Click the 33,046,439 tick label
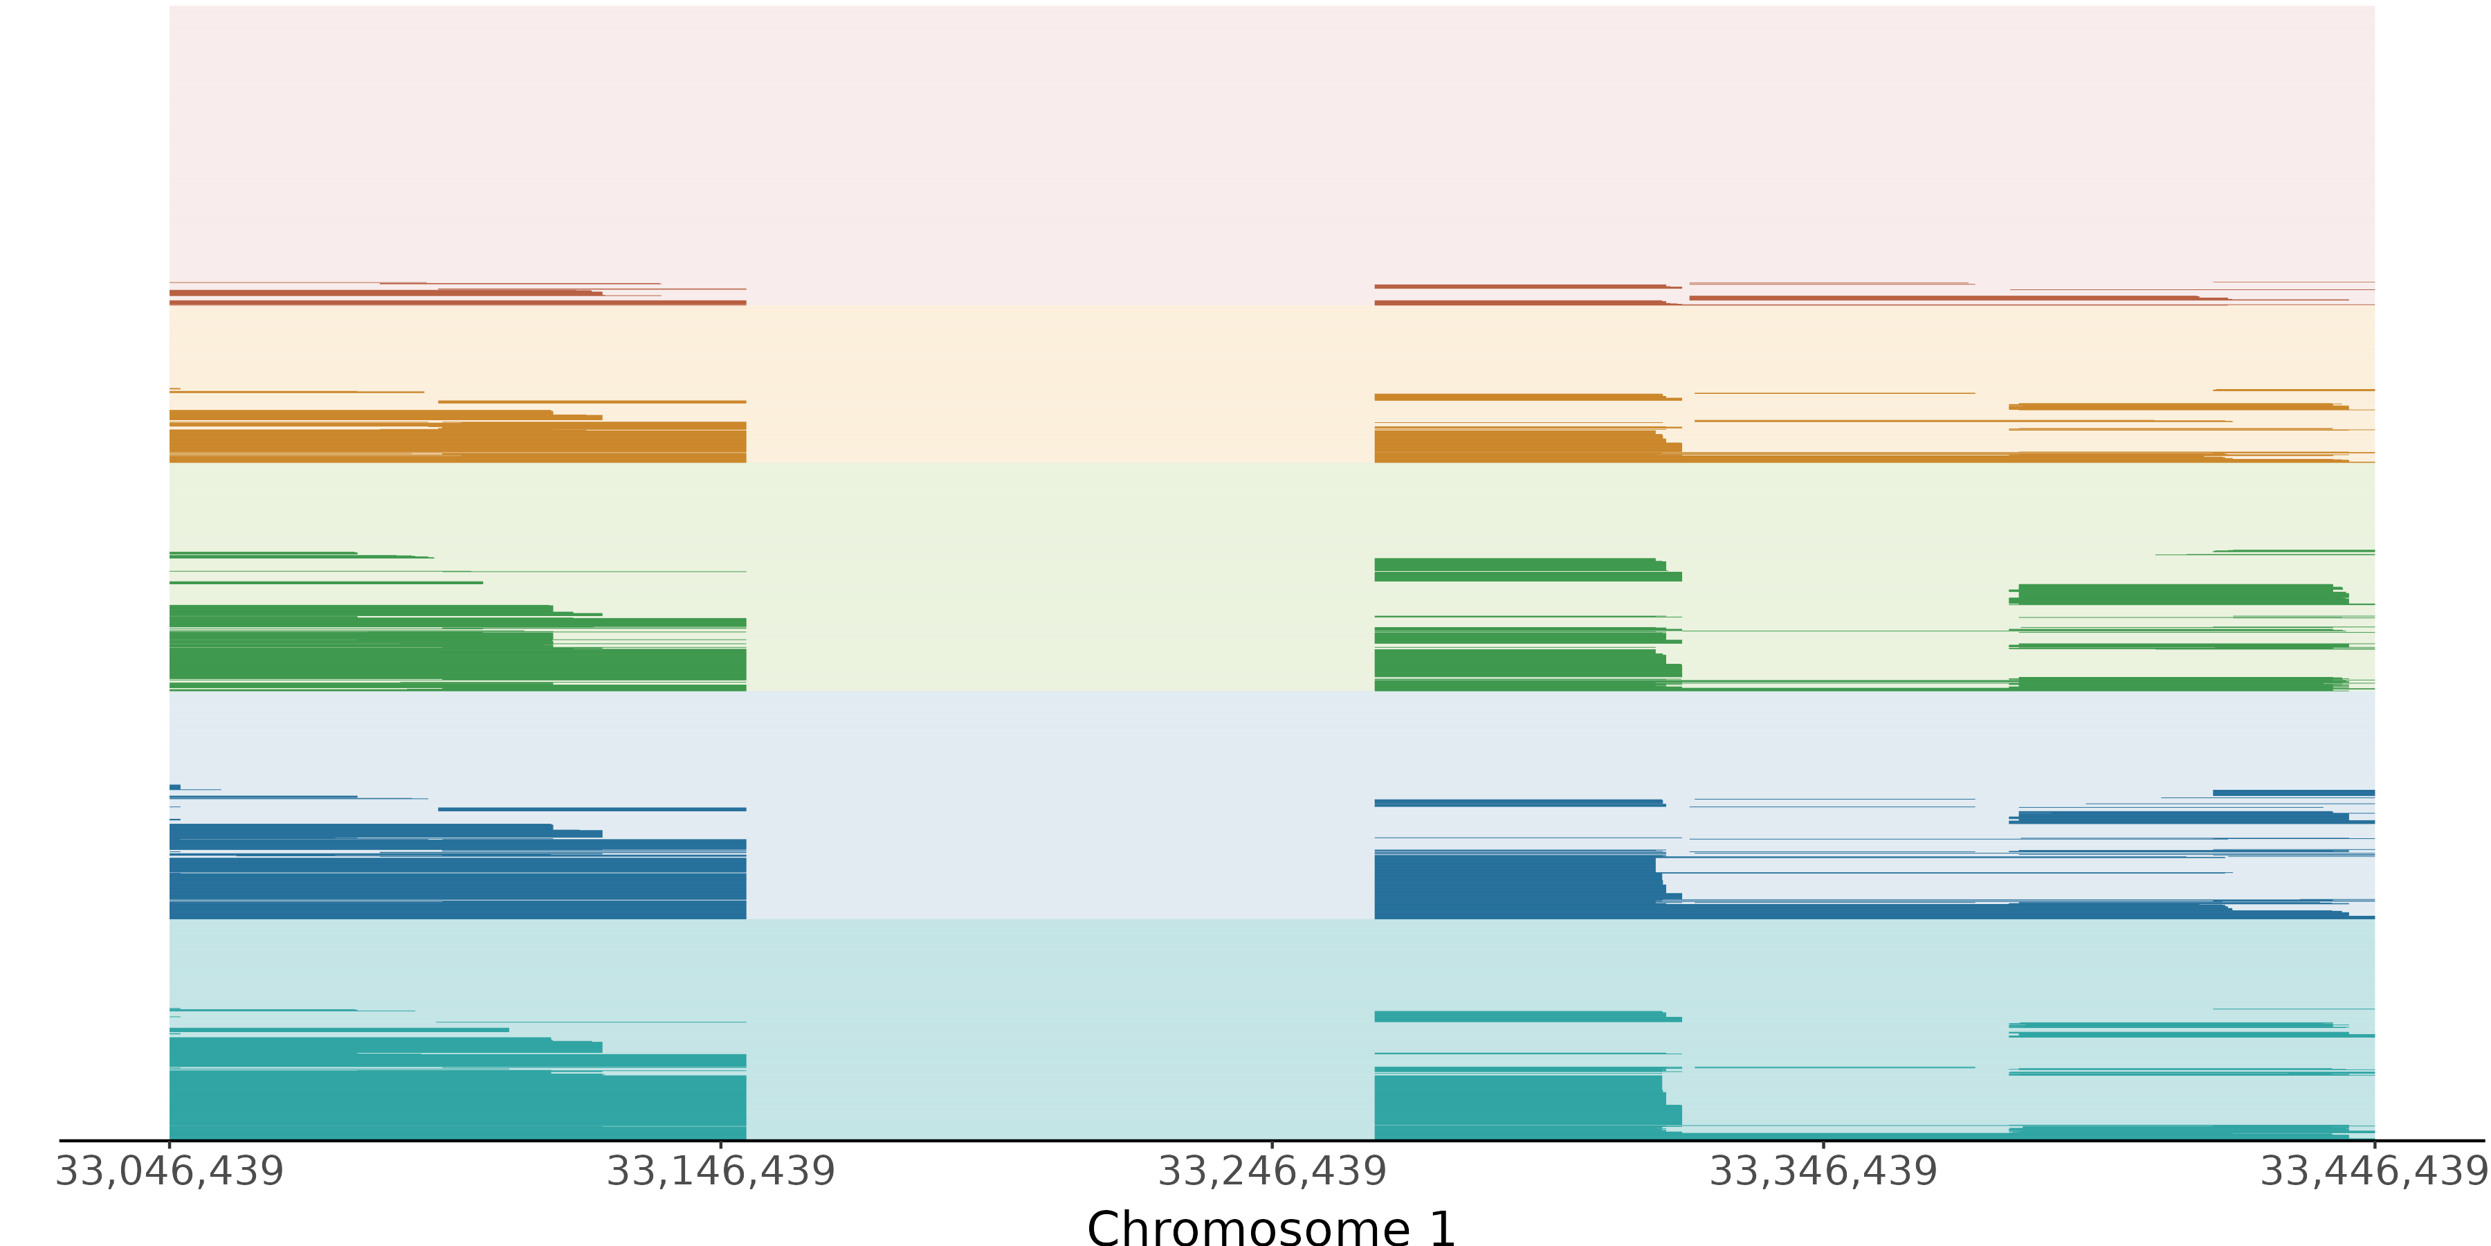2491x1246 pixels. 170,1171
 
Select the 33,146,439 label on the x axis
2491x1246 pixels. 720,1171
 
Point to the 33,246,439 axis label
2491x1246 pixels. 1272,1171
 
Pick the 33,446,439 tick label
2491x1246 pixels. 2374,1171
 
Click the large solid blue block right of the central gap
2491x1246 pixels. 1513,885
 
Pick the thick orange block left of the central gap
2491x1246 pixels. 455,445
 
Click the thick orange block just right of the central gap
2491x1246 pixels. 1513,446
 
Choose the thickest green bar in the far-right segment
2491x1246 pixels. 2175,593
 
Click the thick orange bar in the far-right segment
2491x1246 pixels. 2175,406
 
